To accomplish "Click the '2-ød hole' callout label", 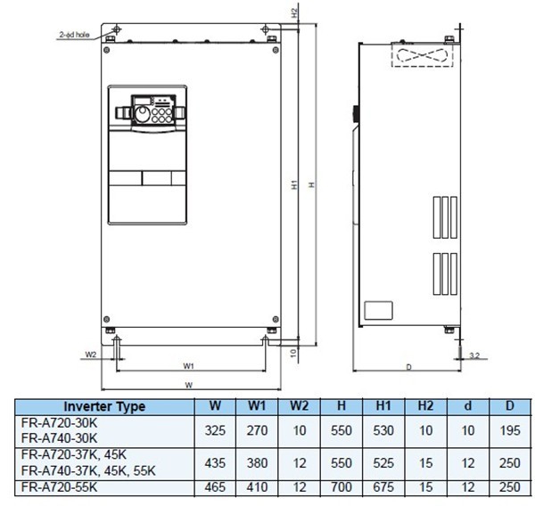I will point(73,35).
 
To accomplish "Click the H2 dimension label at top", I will point(294,14).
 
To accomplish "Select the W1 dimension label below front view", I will point(189,365).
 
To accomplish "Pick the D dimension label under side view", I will point(407,365).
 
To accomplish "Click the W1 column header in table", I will point(256,407).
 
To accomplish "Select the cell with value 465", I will point(215,489).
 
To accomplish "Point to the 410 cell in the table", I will point(256,489).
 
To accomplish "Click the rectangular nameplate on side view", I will point(379,310).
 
